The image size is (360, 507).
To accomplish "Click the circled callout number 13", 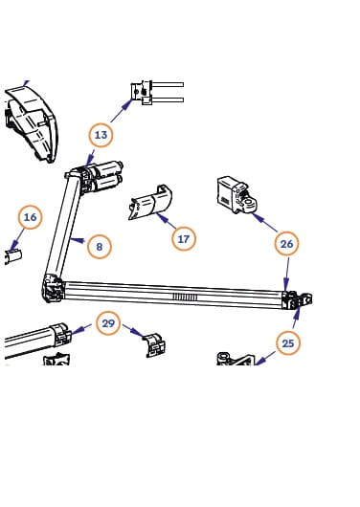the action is click(101, 135).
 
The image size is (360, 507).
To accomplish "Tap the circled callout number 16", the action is click(30, 217).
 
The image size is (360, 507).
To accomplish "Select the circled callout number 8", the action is click(99, 247).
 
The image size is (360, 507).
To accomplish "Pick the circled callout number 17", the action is click(184, 239).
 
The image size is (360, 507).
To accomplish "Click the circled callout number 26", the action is click(286, 244).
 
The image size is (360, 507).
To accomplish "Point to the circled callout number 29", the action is click(108, 323).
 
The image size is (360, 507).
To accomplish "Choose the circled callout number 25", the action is click(288, 343).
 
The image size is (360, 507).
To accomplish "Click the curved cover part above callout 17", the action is click(150, 203).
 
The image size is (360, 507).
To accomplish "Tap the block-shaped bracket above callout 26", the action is click(236, 195).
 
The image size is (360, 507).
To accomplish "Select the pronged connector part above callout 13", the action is click(157, 93).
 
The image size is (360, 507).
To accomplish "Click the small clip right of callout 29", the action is click(154, 344).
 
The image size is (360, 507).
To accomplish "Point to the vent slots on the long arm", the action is click(185, 297).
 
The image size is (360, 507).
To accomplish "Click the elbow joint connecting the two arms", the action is click(52, 289).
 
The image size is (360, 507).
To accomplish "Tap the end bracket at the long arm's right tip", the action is click(297, 300).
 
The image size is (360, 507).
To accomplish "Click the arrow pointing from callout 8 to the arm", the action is click(78, 240).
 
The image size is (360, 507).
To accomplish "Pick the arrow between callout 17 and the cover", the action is click(166, 220).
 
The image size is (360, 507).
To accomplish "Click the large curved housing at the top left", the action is click(32, 122).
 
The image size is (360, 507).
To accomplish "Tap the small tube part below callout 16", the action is click(13, 257).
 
